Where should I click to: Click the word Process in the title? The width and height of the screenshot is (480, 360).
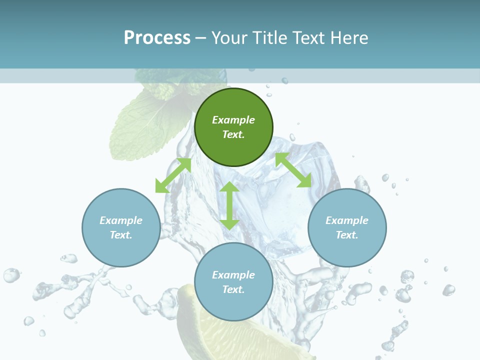click(x=157, y=38)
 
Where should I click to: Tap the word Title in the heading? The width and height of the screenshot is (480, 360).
click(x=268, y=38)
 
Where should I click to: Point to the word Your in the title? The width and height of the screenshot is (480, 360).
click(x=229, y=38)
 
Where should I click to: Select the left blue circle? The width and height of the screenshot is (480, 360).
click(x=121, y=227)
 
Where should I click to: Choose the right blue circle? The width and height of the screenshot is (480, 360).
click(x=347, y=227)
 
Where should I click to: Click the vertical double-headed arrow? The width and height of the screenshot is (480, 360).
click(x=229, y=205)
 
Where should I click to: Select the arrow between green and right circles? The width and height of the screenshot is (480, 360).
click(x=293, y=170)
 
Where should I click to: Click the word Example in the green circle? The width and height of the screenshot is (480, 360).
click(x=233, y=120)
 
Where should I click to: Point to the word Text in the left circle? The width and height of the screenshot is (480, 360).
click(x=121, y=235)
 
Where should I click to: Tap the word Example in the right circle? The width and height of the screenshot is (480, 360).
click(x=347, y=220)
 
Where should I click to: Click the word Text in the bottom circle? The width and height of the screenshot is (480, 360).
click(x=233, y=289)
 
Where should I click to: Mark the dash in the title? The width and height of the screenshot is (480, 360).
click(x=201, y=38)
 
